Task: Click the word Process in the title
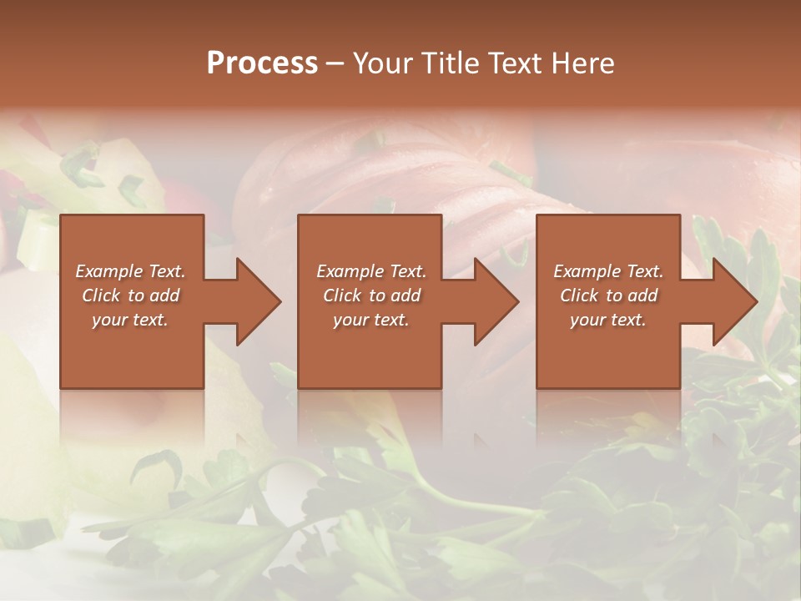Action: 262,63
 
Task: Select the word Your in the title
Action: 381,63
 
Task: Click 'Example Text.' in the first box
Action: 130,271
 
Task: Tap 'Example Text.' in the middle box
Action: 371,271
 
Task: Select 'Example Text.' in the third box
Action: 608,271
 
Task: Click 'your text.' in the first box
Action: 130,320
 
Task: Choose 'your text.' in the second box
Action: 371,320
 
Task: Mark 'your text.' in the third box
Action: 608,320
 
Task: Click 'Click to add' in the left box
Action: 130,295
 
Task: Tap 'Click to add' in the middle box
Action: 371,295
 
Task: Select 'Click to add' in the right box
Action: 608,295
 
